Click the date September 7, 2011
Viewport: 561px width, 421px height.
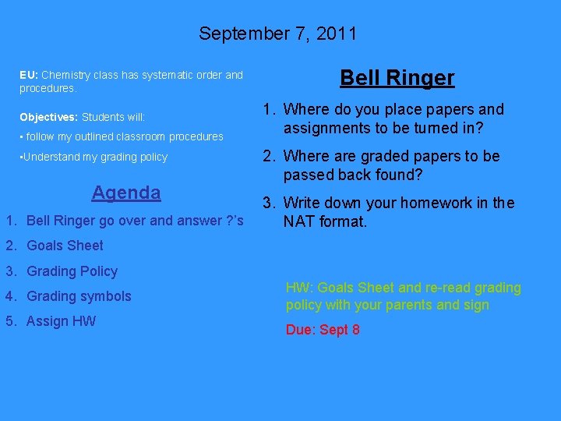coord(277,34)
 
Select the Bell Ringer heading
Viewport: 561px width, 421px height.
coord(397,78)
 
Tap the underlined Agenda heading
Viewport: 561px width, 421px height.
coord(126,193)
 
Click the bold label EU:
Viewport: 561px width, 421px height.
coord(29,76)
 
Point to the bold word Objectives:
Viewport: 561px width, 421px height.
coord(48,117)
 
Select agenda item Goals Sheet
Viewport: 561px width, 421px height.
coord(65,246)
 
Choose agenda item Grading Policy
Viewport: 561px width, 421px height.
coord(72,271)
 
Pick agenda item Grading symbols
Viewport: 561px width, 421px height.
coord(79,296)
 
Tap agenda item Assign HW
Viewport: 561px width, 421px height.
coord(61,321)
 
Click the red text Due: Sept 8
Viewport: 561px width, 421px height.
coord(323,330)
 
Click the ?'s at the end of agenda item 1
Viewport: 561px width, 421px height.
coord(235,221)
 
